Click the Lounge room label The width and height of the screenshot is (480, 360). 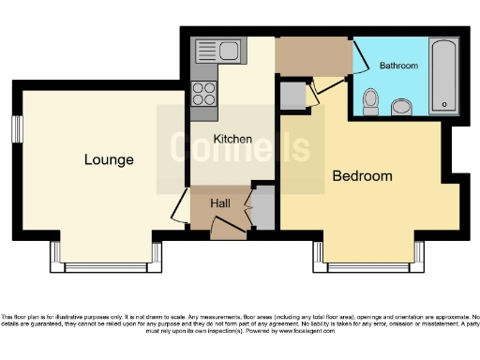109,159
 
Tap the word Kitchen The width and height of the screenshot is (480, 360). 232,139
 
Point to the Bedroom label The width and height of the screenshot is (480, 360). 362,175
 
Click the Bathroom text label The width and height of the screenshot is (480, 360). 398,66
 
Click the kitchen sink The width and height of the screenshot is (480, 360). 218,51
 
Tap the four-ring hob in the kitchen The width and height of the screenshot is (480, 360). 203,93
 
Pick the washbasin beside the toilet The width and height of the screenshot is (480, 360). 401,106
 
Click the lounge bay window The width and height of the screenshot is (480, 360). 105,264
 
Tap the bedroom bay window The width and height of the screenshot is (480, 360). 367,264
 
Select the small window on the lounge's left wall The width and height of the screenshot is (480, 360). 17,128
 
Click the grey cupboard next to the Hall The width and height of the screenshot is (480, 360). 263,207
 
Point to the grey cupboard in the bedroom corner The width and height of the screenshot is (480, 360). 291,96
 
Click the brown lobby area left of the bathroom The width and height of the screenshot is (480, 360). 312,57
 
